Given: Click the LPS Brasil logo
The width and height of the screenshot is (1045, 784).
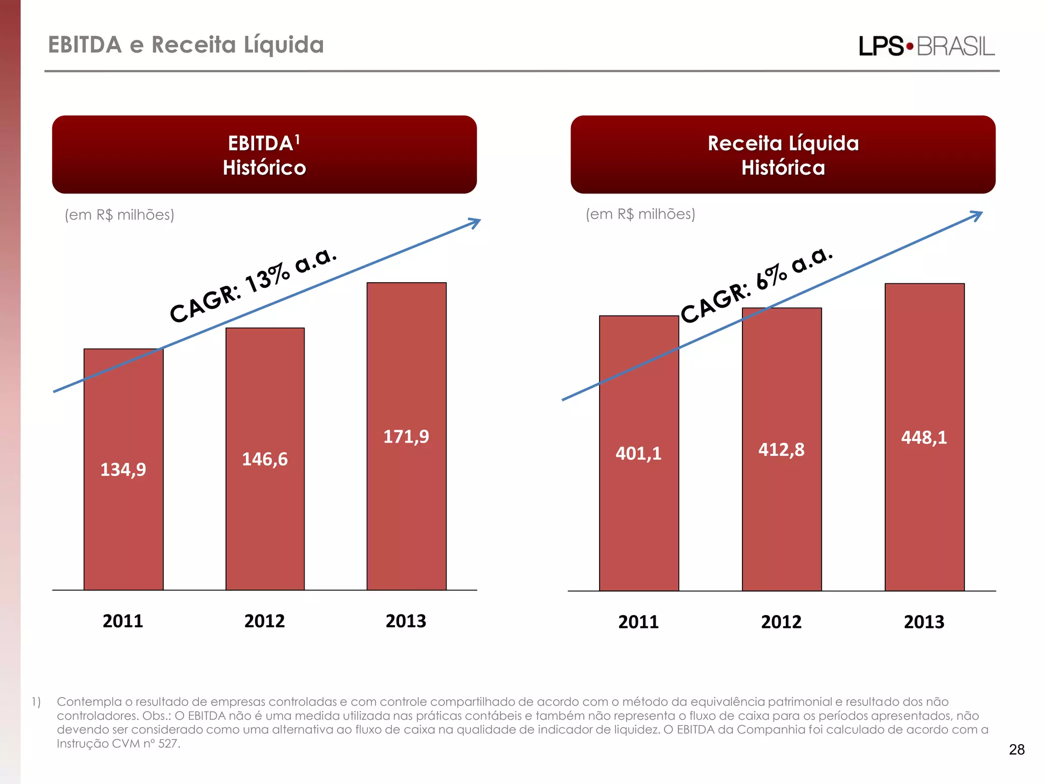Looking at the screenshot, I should pyautogui.click(x=926, y=46).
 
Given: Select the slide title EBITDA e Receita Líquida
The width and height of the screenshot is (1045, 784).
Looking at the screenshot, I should pyautogui.click(x=186, y=45).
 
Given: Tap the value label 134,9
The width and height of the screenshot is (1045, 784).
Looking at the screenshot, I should pyautogui.click(x=123, y=470).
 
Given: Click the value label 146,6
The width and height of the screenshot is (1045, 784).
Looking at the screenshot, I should pyautogui.click(x=264, y=459).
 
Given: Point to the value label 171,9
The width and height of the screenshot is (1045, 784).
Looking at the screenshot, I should pyautogui.click(x=406, y=437).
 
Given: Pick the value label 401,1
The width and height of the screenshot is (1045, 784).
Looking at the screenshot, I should pyautogui.click(x=638, y=453).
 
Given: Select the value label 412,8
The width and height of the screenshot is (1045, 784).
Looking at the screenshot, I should pyautogui.click(x=781, y=450).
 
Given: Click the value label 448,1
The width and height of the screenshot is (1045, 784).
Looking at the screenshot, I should pyautogui.click(x=924, y=437).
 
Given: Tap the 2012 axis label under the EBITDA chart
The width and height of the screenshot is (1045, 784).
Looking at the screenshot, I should pyautogui.click(x=264, y=621).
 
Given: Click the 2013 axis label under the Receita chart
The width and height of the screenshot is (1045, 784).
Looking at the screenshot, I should pyautogui.click(x=924, y=622).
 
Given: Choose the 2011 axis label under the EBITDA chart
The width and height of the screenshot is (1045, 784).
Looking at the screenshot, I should pyautogui.click(x=123, y=621).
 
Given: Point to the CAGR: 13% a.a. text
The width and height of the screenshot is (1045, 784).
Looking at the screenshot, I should pyautogui.click(x=253, y=286).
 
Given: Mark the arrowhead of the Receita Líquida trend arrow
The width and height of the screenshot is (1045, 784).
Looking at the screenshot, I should pyautogui.click(x=977, y=215).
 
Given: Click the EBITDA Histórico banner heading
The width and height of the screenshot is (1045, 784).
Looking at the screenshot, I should pyautogui.click(x=264, y=155).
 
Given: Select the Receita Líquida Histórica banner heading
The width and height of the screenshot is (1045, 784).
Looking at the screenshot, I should pyautogui.click(x=783, y=155).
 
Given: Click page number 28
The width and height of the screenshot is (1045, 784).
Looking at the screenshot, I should pyautogui.click(x=1016, y=749).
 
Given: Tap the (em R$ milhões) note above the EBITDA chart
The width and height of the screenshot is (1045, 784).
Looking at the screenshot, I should pyautogui.click(x=119, y=215).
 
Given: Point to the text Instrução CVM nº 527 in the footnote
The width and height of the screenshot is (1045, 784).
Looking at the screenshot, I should pyautogui.click(x=118, y=744).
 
